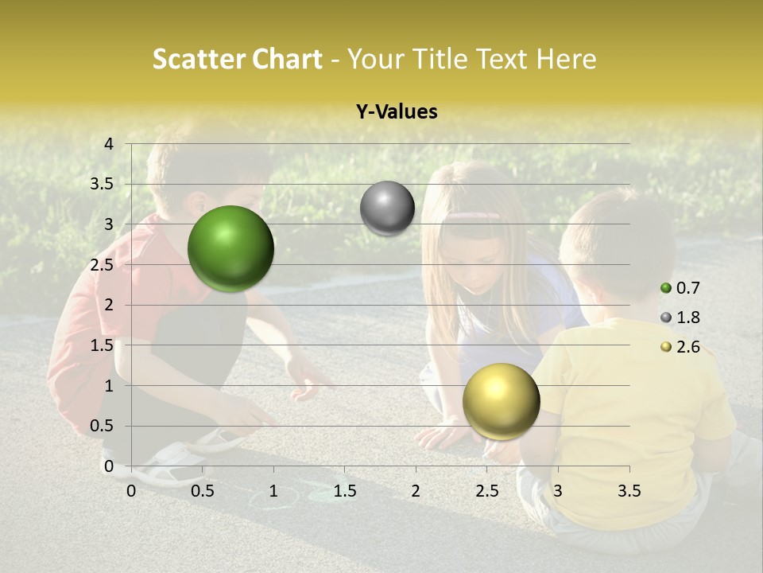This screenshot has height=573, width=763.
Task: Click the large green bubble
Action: [230, 248]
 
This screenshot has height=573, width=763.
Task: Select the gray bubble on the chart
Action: [387, 209]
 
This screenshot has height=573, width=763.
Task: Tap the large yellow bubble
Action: [501, 401]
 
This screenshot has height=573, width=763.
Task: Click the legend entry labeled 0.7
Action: [680, 288]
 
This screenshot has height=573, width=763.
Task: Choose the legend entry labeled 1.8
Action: [680, 318]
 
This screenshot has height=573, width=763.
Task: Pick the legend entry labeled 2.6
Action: [680, 347]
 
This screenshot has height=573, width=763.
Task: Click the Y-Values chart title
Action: [397, 112]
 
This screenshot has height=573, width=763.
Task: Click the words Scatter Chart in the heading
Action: [237, 59]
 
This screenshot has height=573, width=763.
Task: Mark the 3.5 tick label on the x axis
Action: [629, 492]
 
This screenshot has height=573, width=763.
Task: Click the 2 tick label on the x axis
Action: [416, 492]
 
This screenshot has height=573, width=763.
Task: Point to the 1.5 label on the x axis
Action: [344, 492]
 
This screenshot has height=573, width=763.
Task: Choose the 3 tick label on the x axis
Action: [558, 492]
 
